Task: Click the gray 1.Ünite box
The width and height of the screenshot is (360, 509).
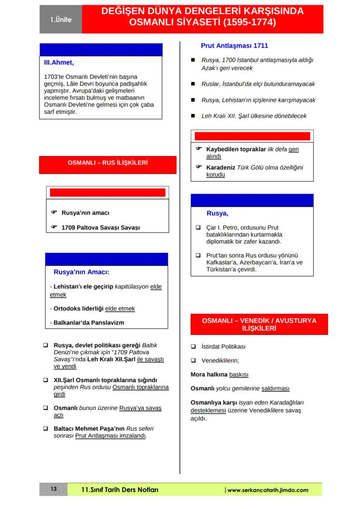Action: [60, 20]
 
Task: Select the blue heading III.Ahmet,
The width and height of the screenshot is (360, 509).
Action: [59, 63]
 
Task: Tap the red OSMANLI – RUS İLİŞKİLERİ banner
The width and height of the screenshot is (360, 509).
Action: [108, 163]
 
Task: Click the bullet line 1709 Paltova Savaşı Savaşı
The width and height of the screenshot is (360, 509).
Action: [100, 227]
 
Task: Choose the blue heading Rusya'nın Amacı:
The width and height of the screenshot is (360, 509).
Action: [81, 273]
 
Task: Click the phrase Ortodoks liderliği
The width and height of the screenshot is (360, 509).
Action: [79, 309]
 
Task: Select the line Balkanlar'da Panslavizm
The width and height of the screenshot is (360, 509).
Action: [89, 323]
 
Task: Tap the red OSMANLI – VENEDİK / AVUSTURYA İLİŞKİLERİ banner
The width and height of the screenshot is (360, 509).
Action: [259, 325]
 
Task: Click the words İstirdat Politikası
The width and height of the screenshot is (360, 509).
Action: [223, 347]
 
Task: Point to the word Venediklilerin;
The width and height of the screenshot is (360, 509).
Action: [220, 360]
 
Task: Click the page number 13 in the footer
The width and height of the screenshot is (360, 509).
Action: [53, 489]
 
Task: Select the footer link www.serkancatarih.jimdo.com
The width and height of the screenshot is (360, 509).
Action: [268, 490]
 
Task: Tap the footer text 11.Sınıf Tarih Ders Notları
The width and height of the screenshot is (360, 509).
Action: [120, 490]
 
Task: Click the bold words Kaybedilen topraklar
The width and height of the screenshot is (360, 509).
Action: [236, 149]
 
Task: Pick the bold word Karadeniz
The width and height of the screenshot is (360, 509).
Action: [220, 167]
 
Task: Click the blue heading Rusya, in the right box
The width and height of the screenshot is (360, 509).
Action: [217, 213]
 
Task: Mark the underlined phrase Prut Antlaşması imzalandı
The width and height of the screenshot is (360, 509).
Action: [110, 436]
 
